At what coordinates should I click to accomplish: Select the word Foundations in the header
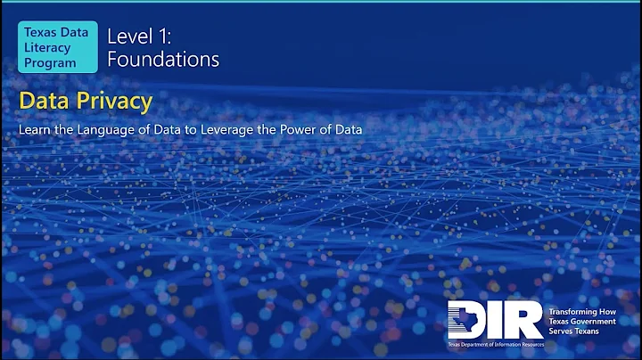(x=163, y=60)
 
